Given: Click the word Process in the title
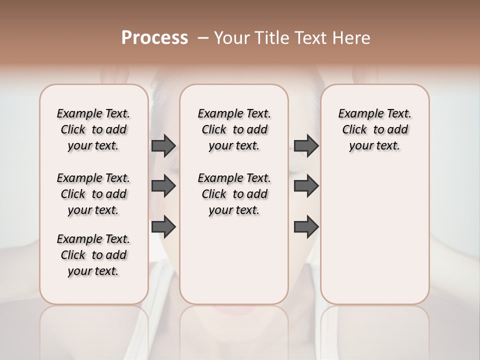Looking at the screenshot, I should (x=154, y=38).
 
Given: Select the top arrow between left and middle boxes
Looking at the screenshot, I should (x=163, y=146).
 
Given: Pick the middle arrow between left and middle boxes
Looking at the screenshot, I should (x=163, y=186).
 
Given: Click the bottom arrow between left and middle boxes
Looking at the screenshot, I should (x=163, y=226).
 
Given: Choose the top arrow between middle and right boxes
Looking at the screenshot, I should (x=306, y=146).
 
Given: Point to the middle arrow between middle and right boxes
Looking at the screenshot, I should (x=306, y=186).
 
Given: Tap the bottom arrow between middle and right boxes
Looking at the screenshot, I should (x=306, y=226).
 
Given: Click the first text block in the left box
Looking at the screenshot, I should (x=93, y=129).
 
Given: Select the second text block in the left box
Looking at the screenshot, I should (x=93, y=194).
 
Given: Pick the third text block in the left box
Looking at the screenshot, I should (x=93, y=255).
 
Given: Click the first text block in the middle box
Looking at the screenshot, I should (x=234, y=129).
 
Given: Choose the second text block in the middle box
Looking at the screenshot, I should (x=234, y=194).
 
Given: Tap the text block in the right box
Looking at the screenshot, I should (x=374, y=129).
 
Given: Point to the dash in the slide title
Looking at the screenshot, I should (x=203, y=38).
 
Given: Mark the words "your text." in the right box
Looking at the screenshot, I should (x=374, y=146).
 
